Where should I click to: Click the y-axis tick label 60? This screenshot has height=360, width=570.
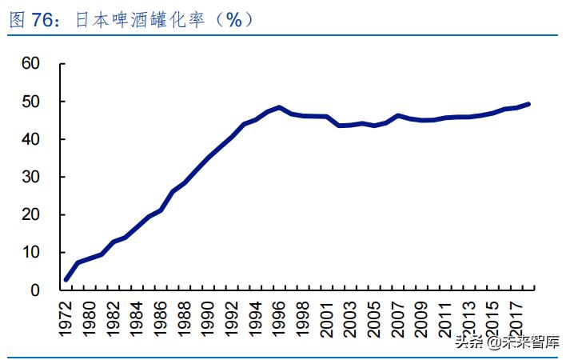click(x=31, y=64)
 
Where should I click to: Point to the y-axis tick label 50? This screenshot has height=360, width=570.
click(x=31, y=102)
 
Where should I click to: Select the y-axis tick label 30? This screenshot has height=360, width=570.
click(x=31, y=178)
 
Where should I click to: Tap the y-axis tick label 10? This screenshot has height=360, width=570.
click(x=31, y=253)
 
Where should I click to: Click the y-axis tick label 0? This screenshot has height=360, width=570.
click(x=35, y=290)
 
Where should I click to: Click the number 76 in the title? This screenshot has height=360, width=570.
click(x=42, y=21)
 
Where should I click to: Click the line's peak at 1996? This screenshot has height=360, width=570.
click(x=278, y=107)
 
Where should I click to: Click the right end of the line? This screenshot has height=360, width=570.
click(x=528, y=104)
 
